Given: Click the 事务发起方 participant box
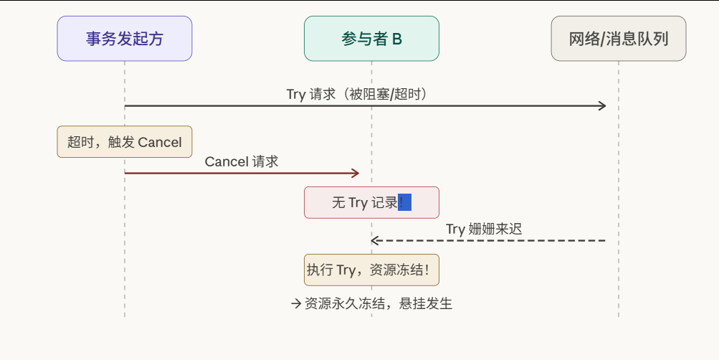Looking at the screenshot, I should coord(125,39).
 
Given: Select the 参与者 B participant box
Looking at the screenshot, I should coord(371,39).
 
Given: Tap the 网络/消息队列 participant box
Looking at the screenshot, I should coord(619,39).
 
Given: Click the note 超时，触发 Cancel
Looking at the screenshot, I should coord(125,142).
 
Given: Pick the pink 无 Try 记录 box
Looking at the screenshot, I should coord(371,202).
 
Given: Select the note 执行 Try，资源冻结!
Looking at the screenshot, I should coord(371,270).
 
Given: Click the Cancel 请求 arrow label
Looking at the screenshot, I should coord(242,161).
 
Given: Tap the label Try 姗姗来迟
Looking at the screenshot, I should coord(484,229).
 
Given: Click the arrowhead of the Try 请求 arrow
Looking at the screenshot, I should coord(602,106).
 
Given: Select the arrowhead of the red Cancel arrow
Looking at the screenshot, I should coord(355,173).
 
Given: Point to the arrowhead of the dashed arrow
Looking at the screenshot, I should coord(375,240).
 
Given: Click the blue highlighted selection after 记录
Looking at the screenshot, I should coord(404,202).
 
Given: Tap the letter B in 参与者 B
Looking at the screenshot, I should coord(397,39).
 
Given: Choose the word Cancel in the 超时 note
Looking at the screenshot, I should coord(160,142).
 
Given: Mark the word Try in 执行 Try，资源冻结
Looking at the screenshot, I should coord(346,270).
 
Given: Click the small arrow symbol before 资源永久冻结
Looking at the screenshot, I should coord(296,303).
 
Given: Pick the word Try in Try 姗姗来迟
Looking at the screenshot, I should coord(455,229).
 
